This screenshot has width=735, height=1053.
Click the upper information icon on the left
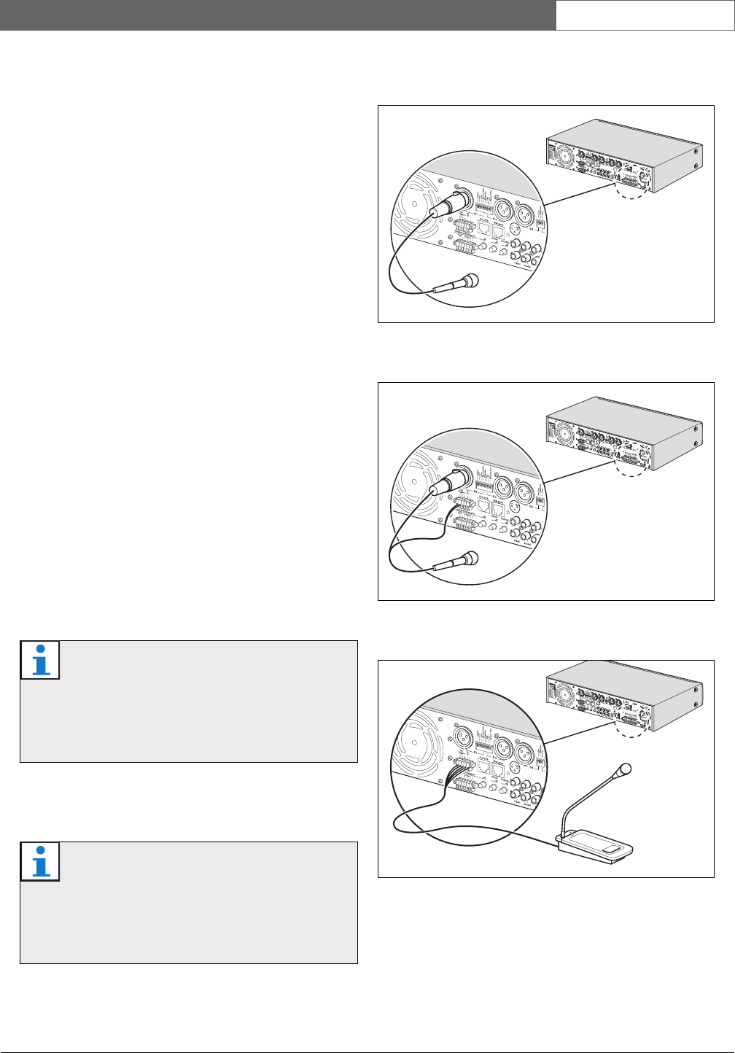[x=41, y=660]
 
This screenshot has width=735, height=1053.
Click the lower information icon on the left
[x=41, y=861]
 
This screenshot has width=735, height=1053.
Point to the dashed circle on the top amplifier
[x=631, y=187]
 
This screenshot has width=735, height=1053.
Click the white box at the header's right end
[x=645, y=15]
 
